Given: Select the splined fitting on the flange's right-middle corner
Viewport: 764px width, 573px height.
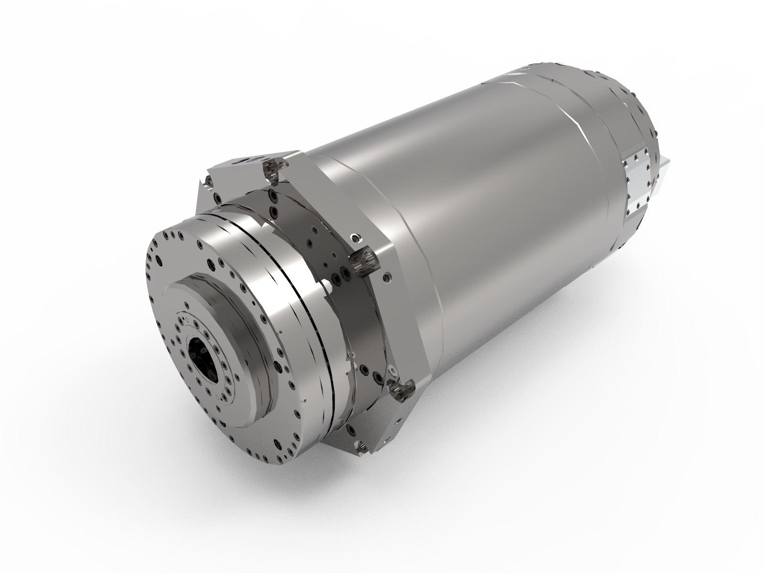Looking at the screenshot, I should click(x=364, y=261).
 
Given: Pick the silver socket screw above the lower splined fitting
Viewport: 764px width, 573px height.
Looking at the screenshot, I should click(x=393, y=371).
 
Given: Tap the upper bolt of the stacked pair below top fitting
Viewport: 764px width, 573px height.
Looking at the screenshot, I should click(x=273, y=195).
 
